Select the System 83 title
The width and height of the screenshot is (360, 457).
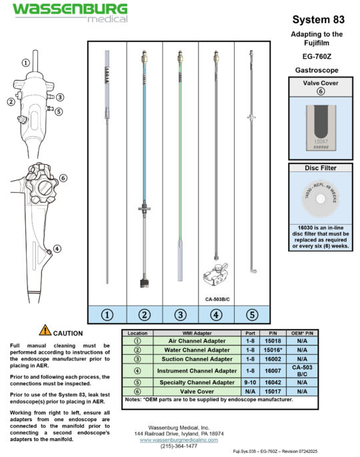[317, 19]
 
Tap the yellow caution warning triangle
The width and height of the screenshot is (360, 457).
[45, 330]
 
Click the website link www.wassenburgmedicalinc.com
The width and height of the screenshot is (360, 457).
[178, 440]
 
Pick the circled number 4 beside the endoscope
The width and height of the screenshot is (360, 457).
[57, 248]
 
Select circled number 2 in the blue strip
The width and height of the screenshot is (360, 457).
[144, 314]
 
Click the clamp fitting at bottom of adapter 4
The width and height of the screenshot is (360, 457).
[217, 275]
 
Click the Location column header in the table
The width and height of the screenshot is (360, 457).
[138, 332]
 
